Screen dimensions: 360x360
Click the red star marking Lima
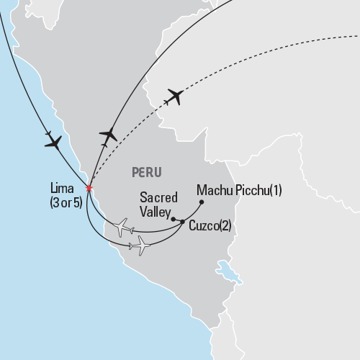[x=89, y=189]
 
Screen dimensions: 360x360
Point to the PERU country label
[x=147, y=172]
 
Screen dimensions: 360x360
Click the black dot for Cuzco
[x=182, y=221]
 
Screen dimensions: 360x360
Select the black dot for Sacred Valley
[x=174, y=217]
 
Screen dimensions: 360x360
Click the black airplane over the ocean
[x=53, y=142]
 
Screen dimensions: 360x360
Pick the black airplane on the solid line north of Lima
[x=108, y=135]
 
